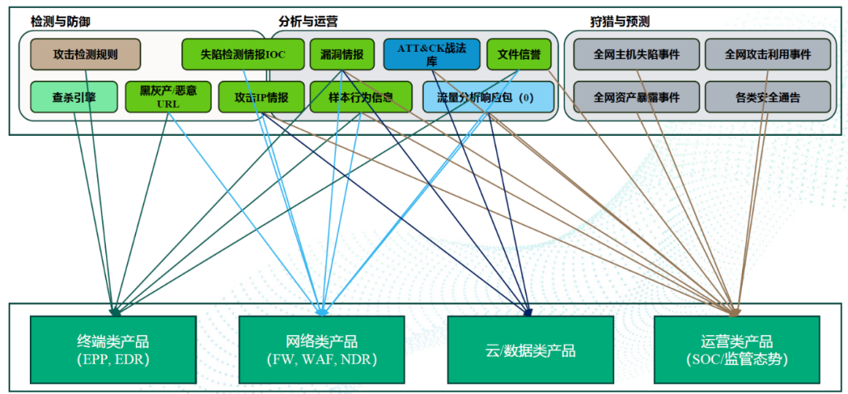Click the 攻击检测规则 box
86,54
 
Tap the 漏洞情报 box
342,54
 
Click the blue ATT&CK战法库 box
431,54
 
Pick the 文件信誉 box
518,54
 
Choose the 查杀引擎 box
74,97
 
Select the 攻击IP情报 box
261,97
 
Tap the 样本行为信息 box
360,97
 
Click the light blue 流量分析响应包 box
488,97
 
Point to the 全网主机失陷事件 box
636,54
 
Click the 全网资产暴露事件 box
636,97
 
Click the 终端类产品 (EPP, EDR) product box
112,350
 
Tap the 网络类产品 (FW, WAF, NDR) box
321,350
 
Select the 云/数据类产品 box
530,350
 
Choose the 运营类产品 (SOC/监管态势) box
737,350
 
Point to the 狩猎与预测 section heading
620,22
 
